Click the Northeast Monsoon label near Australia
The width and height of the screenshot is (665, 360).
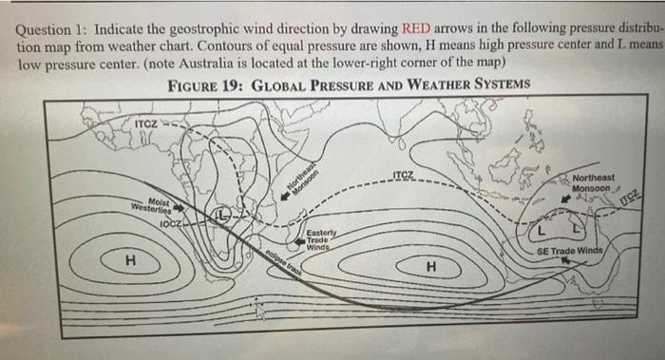(594, 181)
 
